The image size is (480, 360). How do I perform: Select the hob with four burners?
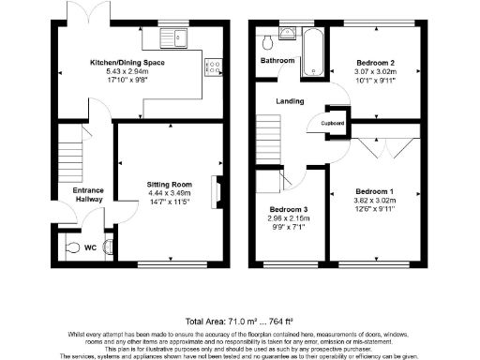(x=215, y=66)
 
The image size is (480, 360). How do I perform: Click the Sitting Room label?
(x=169, y=185)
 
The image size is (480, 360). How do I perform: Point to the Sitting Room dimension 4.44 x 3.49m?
(x=169, y=193)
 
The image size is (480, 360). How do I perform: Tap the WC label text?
(x=91, y=247)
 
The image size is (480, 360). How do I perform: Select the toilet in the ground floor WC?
(x=75, y=248)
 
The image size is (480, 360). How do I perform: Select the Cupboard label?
(x=334, y=123)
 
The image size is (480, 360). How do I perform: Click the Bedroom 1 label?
(x=374, y=190)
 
